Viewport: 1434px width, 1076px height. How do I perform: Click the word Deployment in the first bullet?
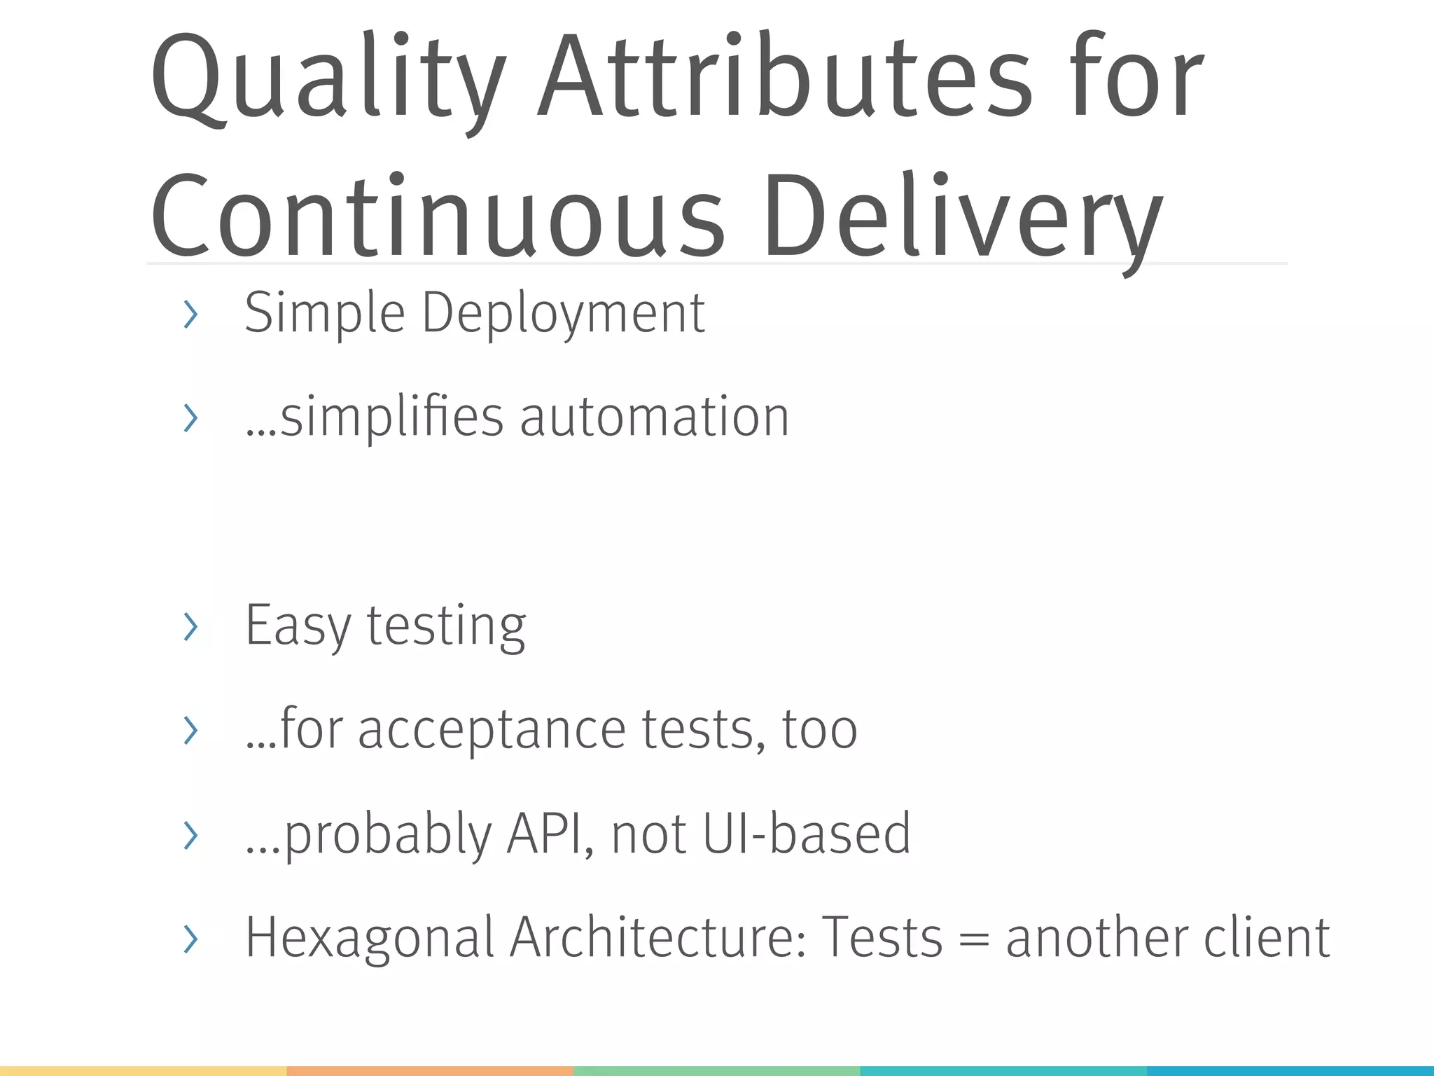[563, 313]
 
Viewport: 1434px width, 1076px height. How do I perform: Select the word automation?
[655, 418]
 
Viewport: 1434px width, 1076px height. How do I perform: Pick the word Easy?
[298, 626]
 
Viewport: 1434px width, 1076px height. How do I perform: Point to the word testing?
[446, 626]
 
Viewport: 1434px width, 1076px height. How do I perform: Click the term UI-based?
[806, 834]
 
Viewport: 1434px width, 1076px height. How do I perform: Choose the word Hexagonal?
[370, 938]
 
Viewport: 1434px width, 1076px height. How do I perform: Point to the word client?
[1267, 938]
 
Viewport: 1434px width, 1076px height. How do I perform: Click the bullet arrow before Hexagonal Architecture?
[190, 939]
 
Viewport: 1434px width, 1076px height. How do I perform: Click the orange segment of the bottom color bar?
[430, 1071]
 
